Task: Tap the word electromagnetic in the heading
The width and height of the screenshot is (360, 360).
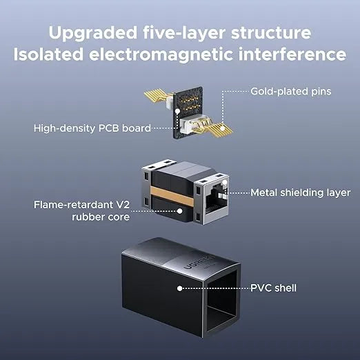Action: [x=161, y=54]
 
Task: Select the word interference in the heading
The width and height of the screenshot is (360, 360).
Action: [x=292, y=54]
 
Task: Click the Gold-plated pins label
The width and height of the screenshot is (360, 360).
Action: [x=291, y=92]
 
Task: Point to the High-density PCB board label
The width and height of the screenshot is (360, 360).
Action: [x=92, y=128]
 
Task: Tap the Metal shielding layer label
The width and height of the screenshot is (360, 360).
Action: [x=301, y=192]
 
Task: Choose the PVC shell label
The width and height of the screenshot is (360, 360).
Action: [x=273, y=288]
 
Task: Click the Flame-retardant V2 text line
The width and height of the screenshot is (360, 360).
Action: [x=81, y=205]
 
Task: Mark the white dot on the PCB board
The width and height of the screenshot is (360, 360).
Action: [x=177, y=112]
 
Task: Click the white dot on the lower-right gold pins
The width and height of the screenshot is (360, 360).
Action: [x=222, y=128]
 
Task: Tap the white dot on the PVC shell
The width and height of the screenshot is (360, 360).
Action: [x=180, y=288]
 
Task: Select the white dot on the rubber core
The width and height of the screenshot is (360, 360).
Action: [x=180, y=211]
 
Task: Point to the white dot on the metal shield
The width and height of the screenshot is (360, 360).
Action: [x=225, y=183]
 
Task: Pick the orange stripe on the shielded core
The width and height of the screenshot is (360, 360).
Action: [x=172, y=195]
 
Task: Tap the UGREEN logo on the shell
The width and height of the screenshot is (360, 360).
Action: [x=199, y=262]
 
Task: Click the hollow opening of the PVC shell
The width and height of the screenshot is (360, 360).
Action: [x=221, y=304]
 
